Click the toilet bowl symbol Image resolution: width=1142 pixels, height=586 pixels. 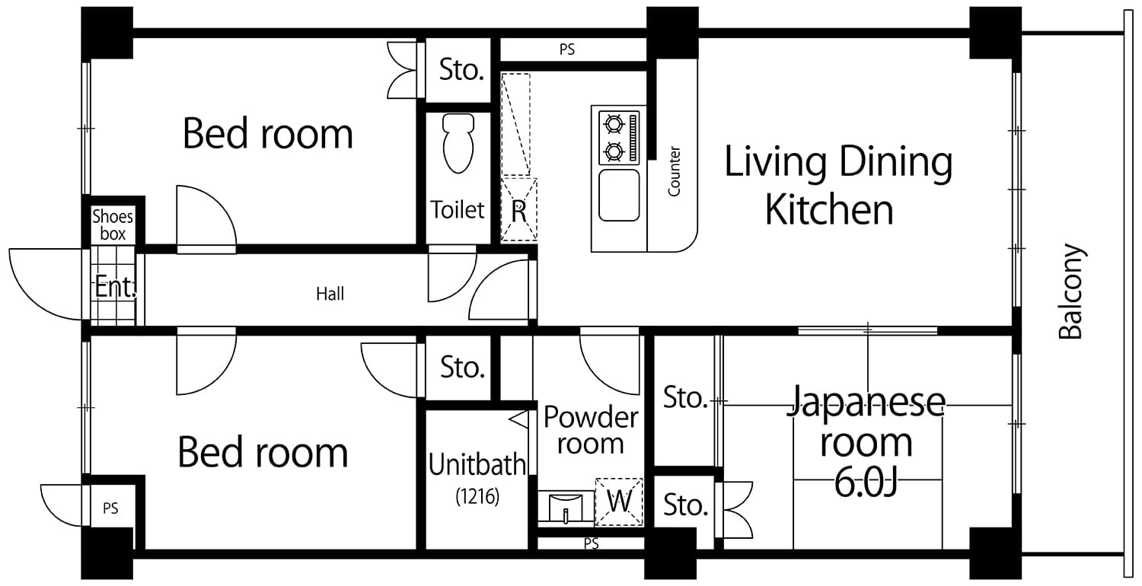pos(458,144)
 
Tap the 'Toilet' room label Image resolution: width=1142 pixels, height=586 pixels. pos(458,209)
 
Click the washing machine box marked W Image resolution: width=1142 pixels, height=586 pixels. pos(619,502)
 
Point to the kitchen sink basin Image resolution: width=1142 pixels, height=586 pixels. pos(619,196)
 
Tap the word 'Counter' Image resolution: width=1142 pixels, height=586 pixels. pos(674,171)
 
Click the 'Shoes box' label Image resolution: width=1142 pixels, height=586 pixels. pos(113,225)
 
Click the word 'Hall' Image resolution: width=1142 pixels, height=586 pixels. pos(330,294)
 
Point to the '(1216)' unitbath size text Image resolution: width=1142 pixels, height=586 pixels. pos(477,498)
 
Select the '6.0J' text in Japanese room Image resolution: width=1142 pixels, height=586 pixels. pos(865,482)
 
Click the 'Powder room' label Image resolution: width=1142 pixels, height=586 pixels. pos(590,430)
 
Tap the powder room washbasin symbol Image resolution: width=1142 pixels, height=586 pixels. pos(565,506)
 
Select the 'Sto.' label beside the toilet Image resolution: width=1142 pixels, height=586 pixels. pos(461,70)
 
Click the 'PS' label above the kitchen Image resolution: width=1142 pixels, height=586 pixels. pos(566,50)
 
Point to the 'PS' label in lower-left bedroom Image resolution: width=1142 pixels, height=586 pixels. pos(110,508)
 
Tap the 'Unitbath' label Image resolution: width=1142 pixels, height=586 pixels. pos(477,465)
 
